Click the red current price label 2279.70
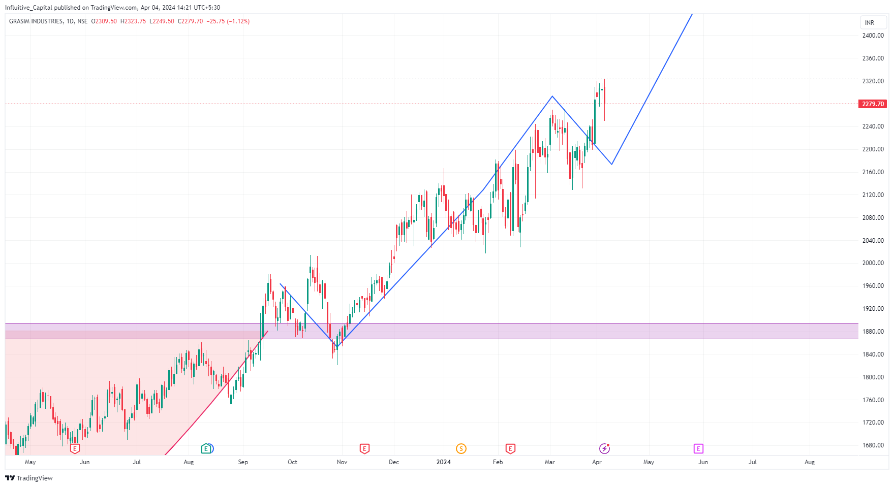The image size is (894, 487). tap(873, 104)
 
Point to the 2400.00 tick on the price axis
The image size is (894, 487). tap(873, 36)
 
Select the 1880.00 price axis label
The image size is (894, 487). tap(873, 332)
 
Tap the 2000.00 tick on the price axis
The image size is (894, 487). tap(873, 263)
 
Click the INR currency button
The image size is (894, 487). tap(870, 23)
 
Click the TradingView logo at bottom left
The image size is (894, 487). tap(29, 478)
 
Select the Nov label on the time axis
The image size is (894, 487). tap(342, 462)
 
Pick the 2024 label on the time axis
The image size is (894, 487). tap(444, 462)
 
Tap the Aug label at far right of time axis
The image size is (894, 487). tap(810, 462)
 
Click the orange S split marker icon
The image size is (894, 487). tap(461, 448)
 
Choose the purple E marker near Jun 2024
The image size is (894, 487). tap(698, 448)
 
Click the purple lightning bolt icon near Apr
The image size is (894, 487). tap(604, 448)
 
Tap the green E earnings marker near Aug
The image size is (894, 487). tap(206, 448)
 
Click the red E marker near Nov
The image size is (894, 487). tap(364, 448)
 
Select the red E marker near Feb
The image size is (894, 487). tap(510, 448)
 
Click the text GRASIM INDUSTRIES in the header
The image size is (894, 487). tap(36, 21)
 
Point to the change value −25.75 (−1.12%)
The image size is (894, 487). tap(228, 21)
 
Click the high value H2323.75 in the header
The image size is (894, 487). tap(133, 21)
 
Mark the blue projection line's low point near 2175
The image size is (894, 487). tap(612, 164)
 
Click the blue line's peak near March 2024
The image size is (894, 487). tap(552, 96)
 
